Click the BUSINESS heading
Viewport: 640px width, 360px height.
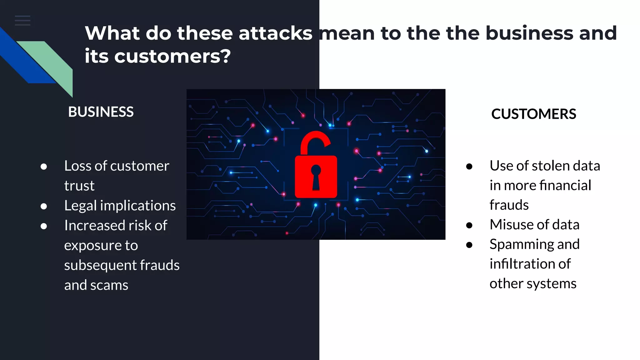pyautogui.click(x=101, y=112)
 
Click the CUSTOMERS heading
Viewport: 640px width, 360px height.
pyautogui.click(x=533, y=114)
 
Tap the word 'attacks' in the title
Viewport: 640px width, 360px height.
pyautogui.click(x=275, y=33)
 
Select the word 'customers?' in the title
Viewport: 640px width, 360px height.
pyautogui.click(x=172, y=56)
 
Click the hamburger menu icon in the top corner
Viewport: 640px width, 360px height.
pyautogui.click(x=22, y=21)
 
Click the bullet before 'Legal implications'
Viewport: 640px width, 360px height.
pyautogui.click(x=44, y=206)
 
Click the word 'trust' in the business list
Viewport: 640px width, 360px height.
pyautogui.click(x=79, y=186)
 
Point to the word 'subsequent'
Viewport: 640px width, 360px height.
pyautogui.click(x=100, y=265)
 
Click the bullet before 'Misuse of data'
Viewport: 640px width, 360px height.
pyautogui.click(x=469, y=225)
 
